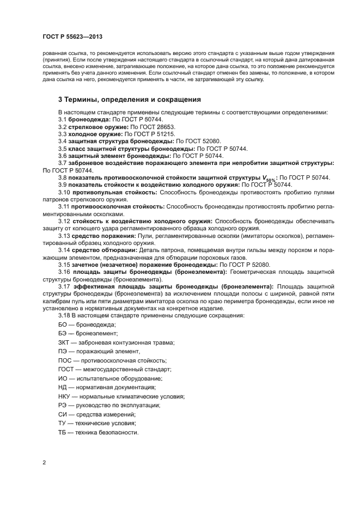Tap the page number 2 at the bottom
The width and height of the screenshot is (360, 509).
coord(44,462)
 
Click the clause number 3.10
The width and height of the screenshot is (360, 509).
coord(65,192)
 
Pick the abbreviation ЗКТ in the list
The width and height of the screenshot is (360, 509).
coord(64,342)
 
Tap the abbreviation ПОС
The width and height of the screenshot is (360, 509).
coord(65,360)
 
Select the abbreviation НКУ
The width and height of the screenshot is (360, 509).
coord(65,396)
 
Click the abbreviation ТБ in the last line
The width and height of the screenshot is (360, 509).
coord(63,432)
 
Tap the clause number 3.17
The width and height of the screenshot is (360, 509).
coord(65,286)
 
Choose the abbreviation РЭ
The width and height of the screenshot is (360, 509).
coord(63,405)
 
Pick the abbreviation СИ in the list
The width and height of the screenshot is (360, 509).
coord(63,414)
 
